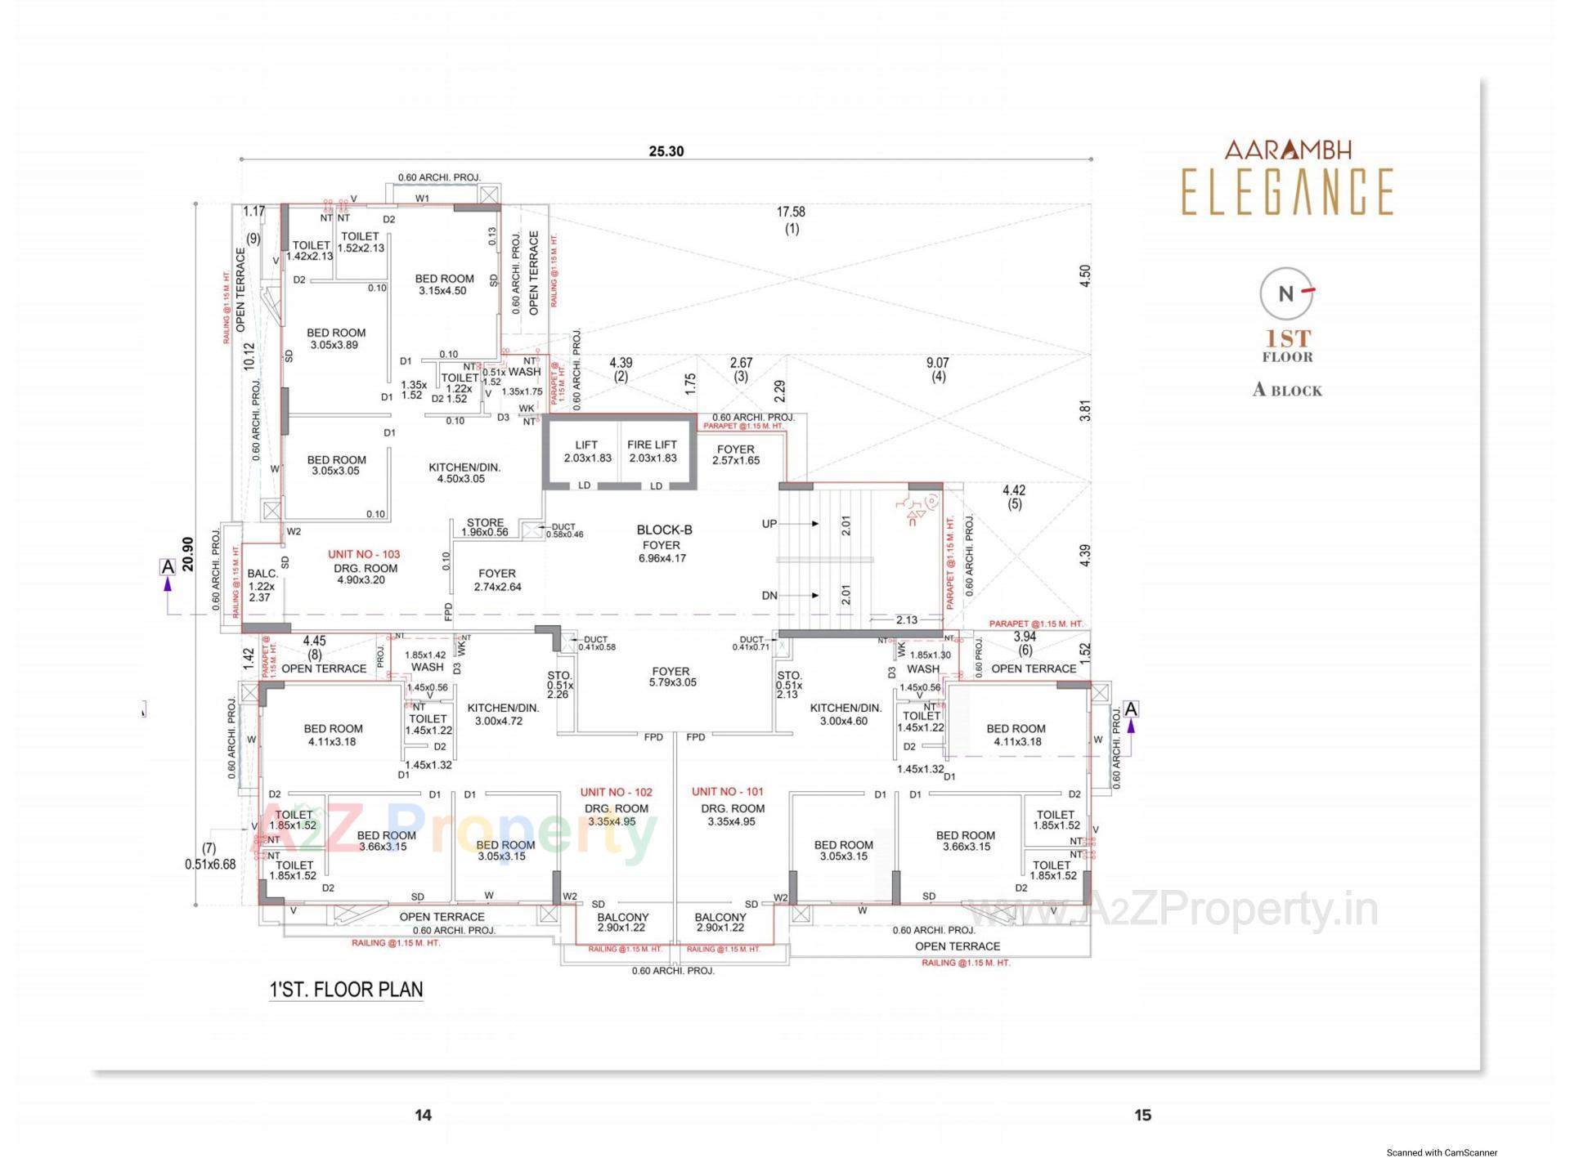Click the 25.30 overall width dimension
tap(666, 151)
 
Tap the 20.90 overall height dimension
tap(188, 553)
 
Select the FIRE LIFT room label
tap(653, 450)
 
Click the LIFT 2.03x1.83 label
tap(587, 451)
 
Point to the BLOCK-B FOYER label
tap(663, 543)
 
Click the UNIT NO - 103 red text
tap(364, 554)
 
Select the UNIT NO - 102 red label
tap(616, 792)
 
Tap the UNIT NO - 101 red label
tap(727, 791)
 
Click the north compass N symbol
tap(1286, 293)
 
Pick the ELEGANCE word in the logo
tap(1287, 192)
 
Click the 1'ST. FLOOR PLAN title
tap(346, 990)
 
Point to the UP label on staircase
tap(769, 524)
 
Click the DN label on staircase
tap(769, 596)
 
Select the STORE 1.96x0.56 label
tap(485, 527)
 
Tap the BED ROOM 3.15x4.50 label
tap(444, 284)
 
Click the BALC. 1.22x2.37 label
tap(262, 585)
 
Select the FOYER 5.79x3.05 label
tap(672, 677)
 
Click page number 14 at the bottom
tap(423, 1115)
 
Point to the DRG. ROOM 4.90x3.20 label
tap(366, 574)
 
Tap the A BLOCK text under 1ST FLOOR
tap(1287, 391)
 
